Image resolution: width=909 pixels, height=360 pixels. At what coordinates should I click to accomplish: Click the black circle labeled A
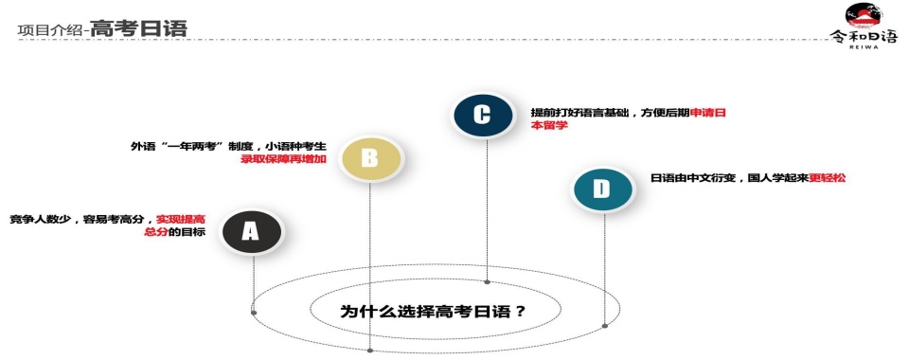250,230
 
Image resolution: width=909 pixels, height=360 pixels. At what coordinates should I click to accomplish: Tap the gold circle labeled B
369,158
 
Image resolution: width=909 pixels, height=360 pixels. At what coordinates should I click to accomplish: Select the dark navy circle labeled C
481,115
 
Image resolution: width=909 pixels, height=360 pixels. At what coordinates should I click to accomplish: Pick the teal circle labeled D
600,189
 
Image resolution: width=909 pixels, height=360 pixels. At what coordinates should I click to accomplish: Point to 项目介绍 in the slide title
49,30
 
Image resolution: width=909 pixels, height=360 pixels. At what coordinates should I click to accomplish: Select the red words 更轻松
827,177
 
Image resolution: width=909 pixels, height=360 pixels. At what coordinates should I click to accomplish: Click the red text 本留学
549,125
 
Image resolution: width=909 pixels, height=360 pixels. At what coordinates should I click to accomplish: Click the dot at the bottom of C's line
487,281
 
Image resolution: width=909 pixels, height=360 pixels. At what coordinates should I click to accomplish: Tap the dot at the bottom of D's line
604,326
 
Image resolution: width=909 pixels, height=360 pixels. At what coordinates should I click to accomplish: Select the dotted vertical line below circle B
369,265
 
